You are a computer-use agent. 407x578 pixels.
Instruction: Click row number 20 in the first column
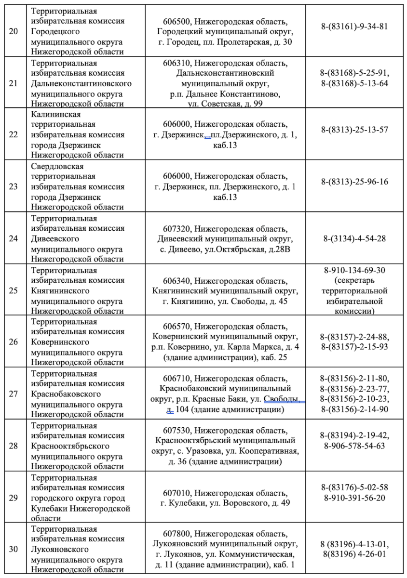point(14,31)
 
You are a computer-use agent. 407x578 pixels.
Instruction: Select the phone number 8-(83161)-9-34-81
point(354,26)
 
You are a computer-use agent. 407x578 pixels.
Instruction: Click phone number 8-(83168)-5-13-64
point(354,83)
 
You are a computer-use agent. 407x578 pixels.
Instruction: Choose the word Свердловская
point(58,166)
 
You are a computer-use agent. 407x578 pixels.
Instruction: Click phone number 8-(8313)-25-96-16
point(354,182)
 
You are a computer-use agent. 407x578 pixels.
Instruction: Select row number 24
point(14,238)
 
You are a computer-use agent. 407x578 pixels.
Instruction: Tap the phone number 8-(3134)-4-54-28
point(354,238)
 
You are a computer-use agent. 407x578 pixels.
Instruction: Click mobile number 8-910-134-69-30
point(354,271)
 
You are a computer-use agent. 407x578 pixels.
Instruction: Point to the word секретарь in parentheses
point(354,281)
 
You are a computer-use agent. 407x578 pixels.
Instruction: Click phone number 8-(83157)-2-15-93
point(354,346)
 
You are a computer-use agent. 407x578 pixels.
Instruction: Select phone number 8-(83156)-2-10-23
point(354,399)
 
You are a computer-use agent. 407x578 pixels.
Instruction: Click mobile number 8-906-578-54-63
point(354,446)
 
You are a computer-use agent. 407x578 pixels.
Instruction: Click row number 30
point(14,549)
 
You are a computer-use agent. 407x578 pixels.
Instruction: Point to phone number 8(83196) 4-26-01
point(354,554)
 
